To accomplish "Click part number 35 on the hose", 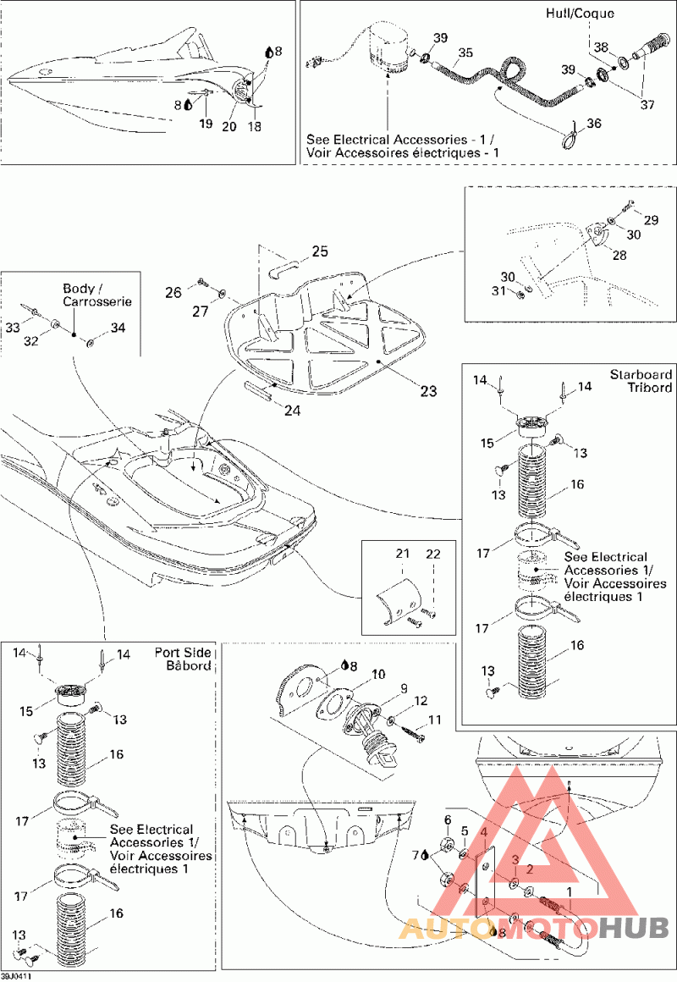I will (x=464, y=52).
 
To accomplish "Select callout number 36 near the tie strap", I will (x=594, y=123).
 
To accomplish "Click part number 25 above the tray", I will (x=319, y=251).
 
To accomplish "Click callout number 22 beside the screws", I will (x=433, y=554).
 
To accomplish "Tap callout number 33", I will (x=14, y=325).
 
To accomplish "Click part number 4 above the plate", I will (x=484, y=833).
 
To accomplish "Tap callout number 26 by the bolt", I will (x=173, y=293).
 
